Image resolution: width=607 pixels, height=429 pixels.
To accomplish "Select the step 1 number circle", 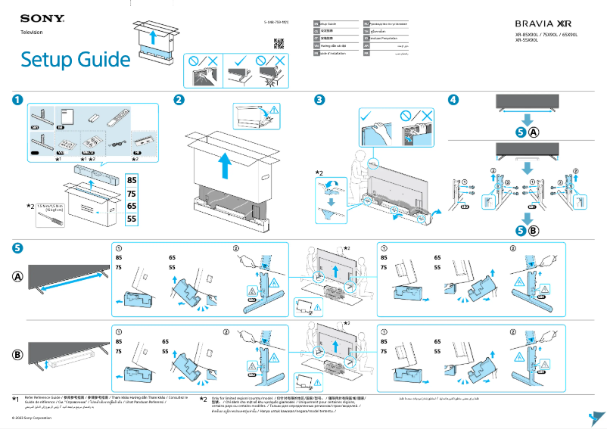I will click(17, 99).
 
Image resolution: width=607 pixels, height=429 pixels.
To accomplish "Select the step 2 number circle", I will click(179, 99).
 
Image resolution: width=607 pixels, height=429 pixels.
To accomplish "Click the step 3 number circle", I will click(320, 99).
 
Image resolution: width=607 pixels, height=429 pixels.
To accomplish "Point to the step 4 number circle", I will click(453, 99).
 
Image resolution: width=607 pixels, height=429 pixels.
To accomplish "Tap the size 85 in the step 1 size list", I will click(132, 180).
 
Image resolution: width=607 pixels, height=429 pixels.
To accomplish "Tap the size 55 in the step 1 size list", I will click(132, 219).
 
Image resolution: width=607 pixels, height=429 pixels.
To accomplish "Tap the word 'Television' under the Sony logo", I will click(31, 33).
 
